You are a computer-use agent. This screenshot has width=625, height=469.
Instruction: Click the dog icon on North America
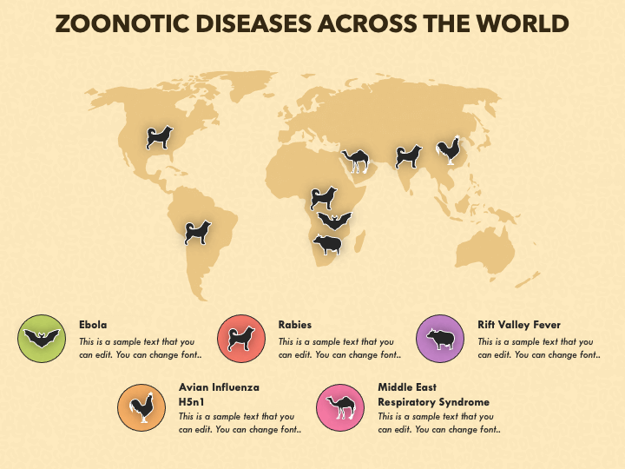[160, 137]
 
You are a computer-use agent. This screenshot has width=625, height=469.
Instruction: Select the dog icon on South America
[198, 232]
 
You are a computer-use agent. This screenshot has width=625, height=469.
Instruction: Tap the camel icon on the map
[356, 159]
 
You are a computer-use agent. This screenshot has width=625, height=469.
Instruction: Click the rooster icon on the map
[448, 151]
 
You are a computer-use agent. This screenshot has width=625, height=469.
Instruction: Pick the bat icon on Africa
[334, 221]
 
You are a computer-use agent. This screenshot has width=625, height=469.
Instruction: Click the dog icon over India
[408, 156]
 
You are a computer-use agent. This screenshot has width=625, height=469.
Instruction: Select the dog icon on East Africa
[324, 197]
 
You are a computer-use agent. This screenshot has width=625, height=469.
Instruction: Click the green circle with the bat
[42, 339]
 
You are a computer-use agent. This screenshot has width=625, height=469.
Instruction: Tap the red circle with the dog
[240, 339]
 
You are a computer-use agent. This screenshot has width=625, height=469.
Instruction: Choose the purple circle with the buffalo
[440, 339]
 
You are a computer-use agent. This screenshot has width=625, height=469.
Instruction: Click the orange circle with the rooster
[141, 406]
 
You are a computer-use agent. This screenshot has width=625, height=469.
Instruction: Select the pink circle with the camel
[340, 406]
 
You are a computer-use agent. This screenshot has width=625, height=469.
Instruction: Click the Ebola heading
[93, 325]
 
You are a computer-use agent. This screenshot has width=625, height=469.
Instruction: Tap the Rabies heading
[295, 325]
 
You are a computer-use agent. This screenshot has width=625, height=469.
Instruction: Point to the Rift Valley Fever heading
[519, 325]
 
